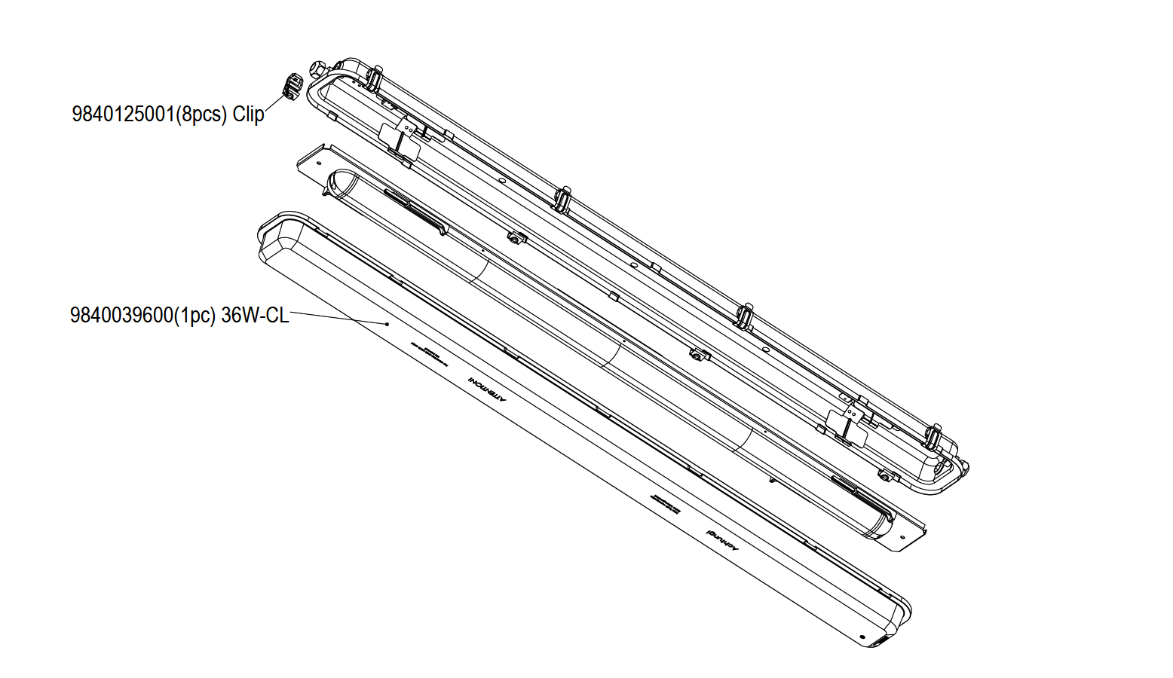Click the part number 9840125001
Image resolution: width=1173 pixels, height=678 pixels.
coord(123,115)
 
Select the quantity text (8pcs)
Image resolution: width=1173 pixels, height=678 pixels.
coord(201,115)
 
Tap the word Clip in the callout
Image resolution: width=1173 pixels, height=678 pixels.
coord(248,115)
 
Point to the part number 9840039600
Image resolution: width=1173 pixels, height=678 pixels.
coord(121,315)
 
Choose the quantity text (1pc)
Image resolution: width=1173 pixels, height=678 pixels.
coord(196,315)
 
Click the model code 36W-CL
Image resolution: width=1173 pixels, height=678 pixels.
coord(255,315)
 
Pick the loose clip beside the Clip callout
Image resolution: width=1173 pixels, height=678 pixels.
coord(292,86)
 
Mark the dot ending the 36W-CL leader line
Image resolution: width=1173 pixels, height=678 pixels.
coord(387,324)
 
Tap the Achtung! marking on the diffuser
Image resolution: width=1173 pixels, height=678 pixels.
coord(724,542)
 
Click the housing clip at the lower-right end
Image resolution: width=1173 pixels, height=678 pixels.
coord(933,436)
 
